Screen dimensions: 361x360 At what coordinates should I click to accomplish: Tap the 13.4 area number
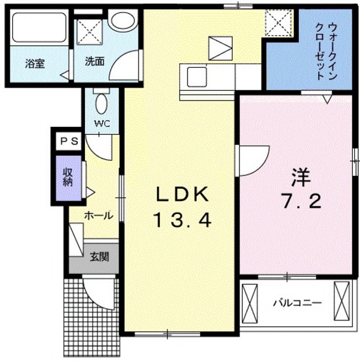(x=182, y=221)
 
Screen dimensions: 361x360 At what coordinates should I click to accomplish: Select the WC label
(x=101, y=122)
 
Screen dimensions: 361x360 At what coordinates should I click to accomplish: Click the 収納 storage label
(x=67, y=175)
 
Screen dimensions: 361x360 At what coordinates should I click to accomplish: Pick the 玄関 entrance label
(x=99, y=257)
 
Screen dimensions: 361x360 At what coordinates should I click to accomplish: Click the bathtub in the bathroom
(x=38, y=30)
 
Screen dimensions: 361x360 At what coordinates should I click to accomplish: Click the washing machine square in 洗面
(x=90, y=30)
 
